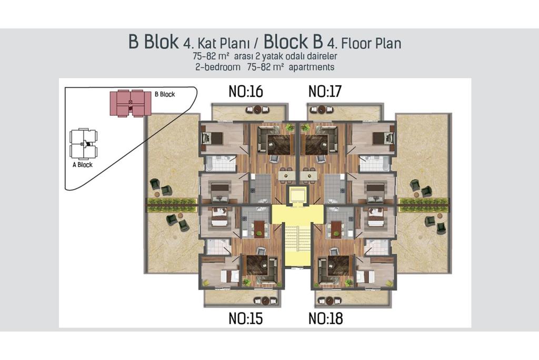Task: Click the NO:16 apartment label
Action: tap(246, 92)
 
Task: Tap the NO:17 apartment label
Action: tap(325, 92)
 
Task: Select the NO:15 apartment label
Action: tap(246, 318)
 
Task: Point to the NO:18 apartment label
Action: tap(325, 318)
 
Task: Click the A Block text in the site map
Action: tap(83, 165)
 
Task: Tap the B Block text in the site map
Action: tap(165, 94)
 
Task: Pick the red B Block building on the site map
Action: tap(131, 103)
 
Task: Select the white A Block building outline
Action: tap(83, 143)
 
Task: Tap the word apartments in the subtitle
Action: tap(312, 67)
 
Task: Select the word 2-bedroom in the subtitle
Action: tap(218, 67)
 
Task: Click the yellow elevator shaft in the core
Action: tap(297, 196)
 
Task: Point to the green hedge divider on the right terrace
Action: tap(424, 204)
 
